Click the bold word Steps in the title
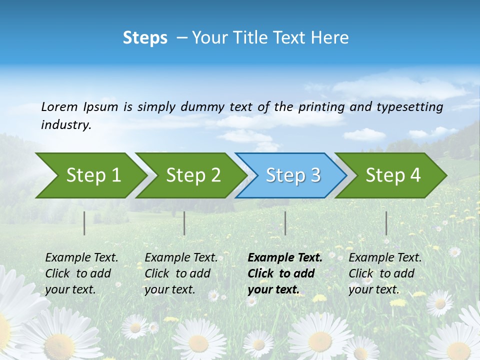coord(145,38)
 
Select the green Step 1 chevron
coord(90,175)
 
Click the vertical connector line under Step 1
coord(84,223)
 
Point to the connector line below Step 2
coord(184,223)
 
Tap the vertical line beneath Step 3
coord(285,223)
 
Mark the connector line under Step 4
coord(386,223)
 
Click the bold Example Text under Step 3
coord(285,258)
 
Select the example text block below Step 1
coord(81,273)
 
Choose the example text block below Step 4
coord(384,273)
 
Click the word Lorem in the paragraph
coord(59,107)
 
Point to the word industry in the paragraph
coord(65,125)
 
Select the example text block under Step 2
coord(181,273)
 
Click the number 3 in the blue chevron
coord(315,175)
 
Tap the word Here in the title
coord(330,38)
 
